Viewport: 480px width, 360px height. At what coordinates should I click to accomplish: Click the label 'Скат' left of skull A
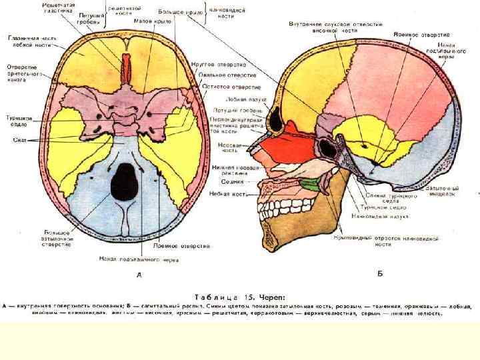[18, 140]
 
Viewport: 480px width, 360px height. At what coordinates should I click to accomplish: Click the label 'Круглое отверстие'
[219, 65]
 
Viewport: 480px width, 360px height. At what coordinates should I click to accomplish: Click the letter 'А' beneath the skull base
[138, 274]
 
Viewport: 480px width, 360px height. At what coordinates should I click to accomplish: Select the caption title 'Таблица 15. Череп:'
[240, 297]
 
